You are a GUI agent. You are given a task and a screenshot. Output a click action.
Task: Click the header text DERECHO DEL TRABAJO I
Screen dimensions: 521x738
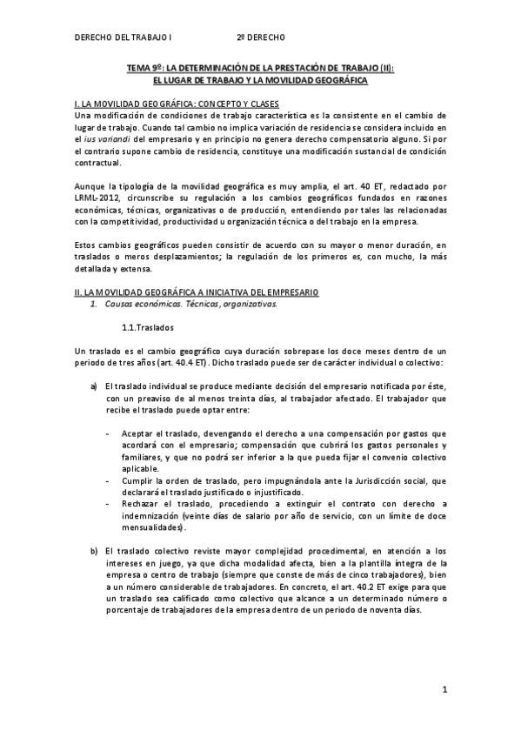pyautogui.click(x=124, y=37)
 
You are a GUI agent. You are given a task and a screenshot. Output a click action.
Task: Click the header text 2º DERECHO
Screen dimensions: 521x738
pyautogui.click(x=260, y=37)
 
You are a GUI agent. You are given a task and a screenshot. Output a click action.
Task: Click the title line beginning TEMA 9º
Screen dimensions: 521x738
pyautogui.click(x=260, y=68)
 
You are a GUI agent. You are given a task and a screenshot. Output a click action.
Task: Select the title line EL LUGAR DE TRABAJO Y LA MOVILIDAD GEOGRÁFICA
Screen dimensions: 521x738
pyautogui.click(x=260, y=80)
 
